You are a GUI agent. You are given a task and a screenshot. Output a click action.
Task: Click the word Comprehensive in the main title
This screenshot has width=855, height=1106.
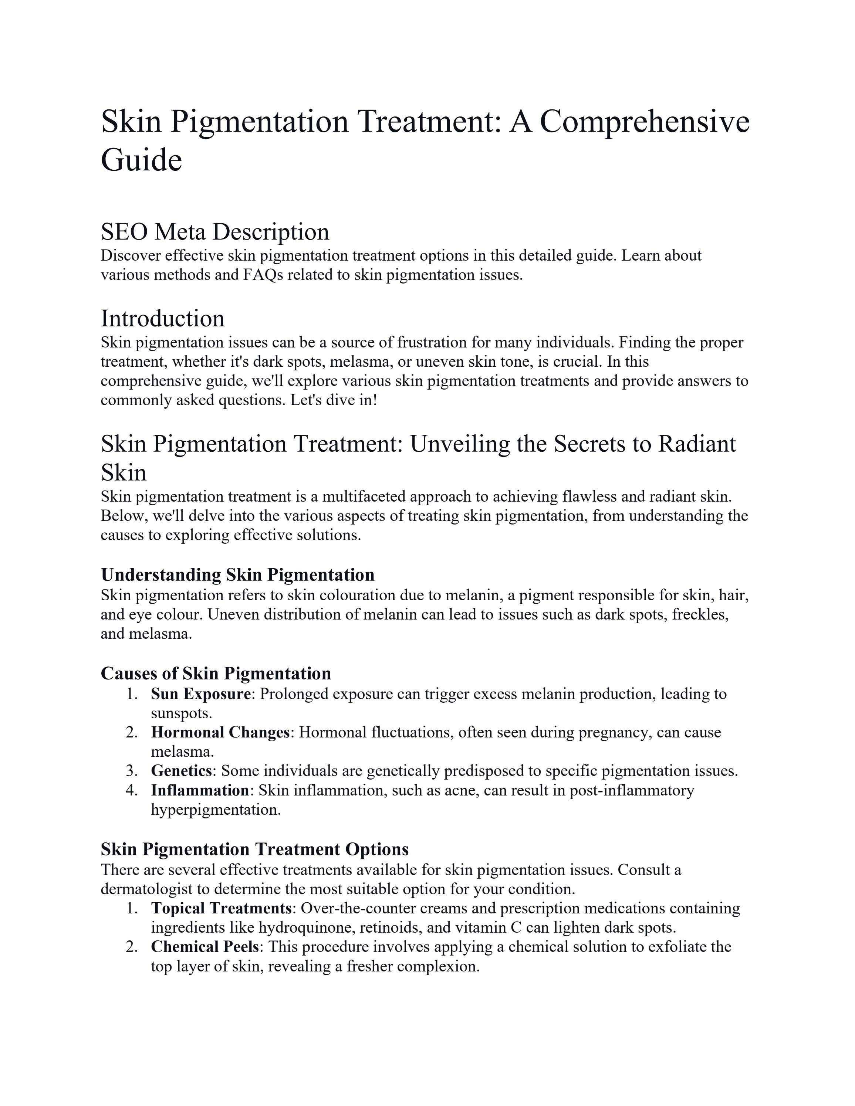[x=644, y=122]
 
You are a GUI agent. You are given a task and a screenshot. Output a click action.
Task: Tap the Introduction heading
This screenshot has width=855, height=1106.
[x=163, y=319]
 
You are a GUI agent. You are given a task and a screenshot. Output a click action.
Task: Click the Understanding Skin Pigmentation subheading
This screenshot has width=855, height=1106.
[x=237, y=575]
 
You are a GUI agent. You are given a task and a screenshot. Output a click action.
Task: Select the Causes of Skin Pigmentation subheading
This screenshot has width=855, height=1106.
[x=216, y=674]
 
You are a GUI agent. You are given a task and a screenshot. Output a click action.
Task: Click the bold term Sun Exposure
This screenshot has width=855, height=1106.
[x=200, y=694]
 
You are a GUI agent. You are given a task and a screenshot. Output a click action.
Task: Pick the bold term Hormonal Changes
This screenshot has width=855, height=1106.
[x=220, y=732]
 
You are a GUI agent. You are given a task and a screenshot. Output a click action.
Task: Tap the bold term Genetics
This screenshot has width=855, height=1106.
[x=181, y=771]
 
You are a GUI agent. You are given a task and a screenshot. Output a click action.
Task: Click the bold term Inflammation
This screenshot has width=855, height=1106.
[x=200, y=790]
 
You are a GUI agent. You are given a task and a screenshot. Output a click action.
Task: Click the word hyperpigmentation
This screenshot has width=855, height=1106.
[x=215, y=809]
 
